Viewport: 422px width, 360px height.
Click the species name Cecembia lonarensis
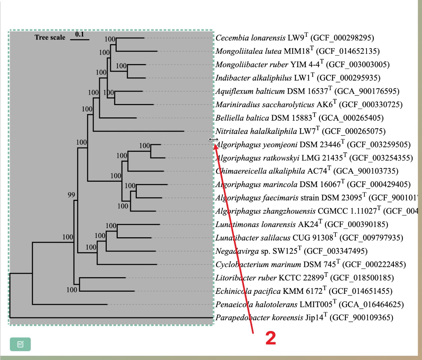(x=250, y=38)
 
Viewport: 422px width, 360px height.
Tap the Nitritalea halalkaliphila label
(x=256, y=132)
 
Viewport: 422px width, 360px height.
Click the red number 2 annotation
(x=270, y=338)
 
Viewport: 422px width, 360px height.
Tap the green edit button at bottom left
(x=20, y=344)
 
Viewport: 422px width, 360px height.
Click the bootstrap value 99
(x=71, y=195)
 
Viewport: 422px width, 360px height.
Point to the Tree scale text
(x=50, y=37)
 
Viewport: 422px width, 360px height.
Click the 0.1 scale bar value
(x=80, y=34)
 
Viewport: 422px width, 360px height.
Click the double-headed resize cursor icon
(x=213, y=140)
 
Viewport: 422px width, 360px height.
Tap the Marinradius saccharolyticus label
(x=264, y=105)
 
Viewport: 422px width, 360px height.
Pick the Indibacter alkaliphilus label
(x=254, y=78)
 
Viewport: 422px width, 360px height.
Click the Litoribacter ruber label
(x=246, y=278)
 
